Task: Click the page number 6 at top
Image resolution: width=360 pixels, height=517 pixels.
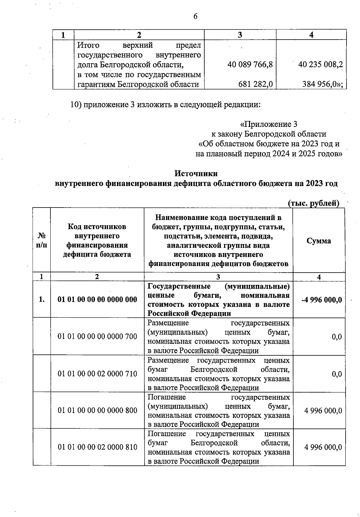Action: click(195, 16)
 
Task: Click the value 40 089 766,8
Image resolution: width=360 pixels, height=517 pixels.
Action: click(250, 64)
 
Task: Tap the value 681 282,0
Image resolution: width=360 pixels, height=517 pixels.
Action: click(255, 84)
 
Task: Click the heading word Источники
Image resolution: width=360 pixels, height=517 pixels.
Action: click(196, 173)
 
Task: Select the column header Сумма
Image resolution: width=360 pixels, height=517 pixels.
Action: click(319, 241)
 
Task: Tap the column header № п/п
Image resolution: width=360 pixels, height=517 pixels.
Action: click(41, 241)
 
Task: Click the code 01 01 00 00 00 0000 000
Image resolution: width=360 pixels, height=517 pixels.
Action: click(97, 299)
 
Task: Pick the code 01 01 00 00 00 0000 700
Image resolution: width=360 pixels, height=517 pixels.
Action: click(97, 336)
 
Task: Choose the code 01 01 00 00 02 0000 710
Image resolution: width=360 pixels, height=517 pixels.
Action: click(97, 374)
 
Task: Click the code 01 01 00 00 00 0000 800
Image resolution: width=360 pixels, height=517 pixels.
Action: click(97, 410)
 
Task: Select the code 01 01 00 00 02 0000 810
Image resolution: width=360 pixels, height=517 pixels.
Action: click(97, 447)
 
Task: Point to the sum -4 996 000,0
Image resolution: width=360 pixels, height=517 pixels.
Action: click(321, 300)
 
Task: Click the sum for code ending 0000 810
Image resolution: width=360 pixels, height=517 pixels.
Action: click(323, 447)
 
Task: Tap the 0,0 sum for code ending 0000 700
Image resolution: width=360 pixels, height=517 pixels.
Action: click(336, 337)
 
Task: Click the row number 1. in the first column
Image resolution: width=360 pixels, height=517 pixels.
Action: click(42, 299)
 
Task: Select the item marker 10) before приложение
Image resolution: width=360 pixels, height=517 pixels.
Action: click(76, 105)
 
